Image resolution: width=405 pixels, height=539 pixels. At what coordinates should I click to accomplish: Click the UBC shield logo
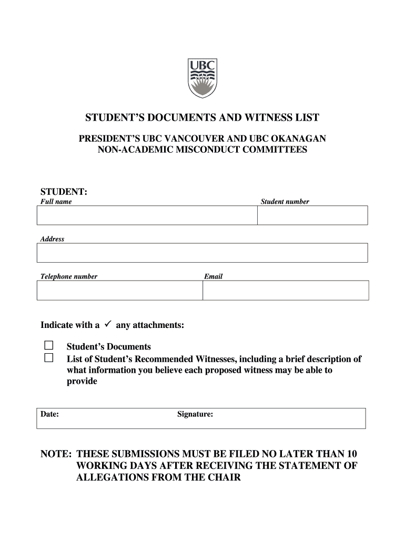pos(202,78)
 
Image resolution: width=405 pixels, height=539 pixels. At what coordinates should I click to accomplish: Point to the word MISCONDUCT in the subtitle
pos(189,150)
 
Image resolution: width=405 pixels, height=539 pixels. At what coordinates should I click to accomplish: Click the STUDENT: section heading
pos(64,191)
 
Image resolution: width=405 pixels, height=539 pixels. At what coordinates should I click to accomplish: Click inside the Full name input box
pos(147,215)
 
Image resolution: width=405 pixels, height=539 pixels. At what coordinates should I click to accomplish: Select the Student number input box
pos(312,215)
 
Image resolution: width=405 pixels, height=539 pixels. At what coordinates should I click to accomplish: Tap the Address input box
pos(202,253)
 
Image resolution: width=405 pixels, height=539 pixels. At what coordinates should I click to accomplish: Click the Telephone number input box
pos(119,290)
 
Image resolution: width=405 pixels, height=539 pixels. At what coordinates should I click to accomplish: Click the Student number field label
pos(285,202)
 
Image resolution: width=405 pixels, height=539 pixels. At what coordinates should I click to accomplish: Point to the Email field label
pos(213,276)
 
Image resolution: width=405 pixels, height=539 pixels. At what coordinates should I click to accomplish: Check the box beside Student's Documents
pos(49,346)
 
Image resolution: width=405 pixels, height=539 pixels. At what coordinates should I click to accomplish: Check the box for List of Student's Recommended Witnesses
pos(49,358)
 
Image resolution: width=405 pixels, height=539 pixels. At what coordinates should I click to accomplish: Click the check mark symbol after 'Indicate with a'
pos(107,325)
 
